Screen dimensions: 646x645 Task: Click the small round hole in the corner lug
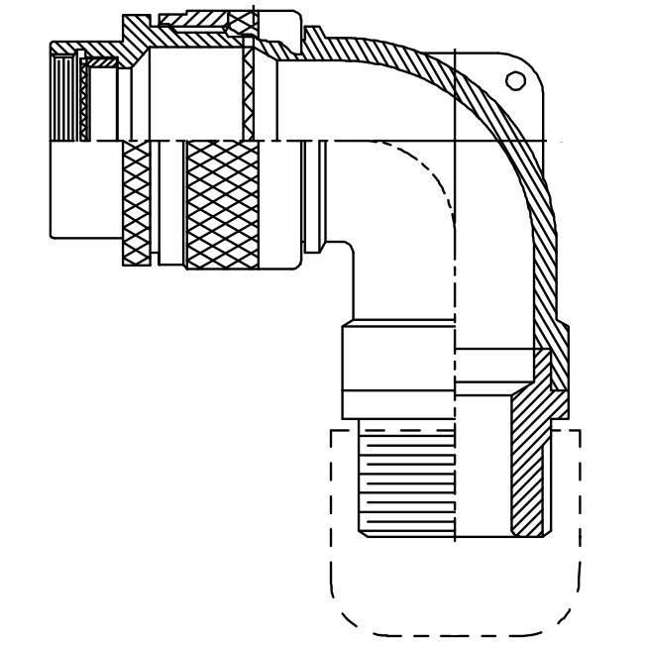point(515,80)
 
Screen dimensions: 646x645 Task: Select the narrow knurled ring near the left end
point(137,203)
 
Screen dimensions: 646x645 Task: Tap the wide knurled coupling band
point(222,204)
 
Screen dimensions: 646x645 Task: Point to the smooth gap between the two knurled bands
point(168,203)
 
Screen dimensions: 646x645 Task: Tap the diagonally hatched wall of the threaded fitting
point(530,456)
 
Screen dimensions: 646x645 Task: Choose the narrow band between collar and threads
point(397,404)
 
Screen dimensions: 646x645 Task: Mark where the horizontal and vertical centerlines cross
point(455,141)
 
